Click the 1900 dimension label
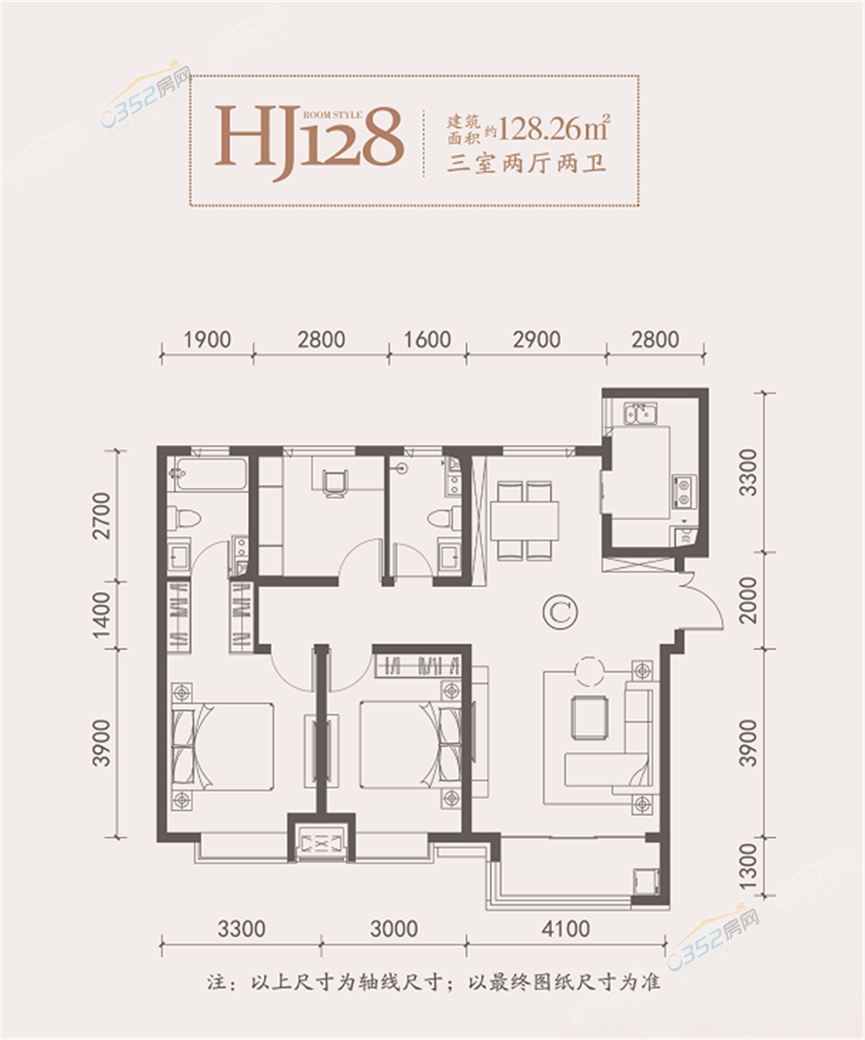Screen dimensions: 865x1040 tap(208, 340)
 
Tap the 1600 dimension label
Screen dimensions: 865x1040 tap(427, 340)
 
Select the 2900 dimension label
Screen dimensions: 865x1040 tap(536, 340)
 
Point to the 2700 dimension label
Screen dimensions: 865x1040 tap(102, 516)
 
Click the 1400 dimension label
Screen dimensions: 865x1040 tap(102, 616)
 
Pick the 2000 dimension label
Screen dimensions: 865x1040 tap(748, 600)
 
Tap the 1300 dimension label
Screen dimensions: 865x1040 tap(748, 866)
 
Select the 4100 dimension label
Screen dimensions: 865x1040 tap(566, 929)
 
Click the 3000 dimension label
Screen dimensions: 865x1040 tap(394, 929)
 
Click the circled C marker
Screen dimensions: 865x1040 tap(560, 612)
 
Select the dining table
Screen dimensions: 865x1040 tap(524, 521)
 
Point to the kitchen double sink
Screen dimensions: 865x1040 tap(640, 414)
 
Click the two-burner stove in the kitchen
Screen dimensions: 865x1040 tap(684, 492)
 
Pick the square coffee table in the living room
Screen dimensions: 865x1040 tap(590, 718)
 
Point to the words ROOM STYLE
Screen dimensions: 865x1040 tap(332, 115)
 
